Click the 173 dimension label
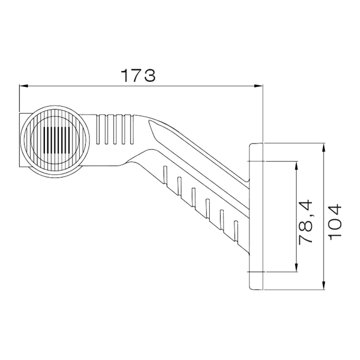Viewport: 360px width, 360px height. pyautogui.click(x=138, y=75)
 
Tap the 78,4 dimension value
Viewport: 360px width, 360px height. pyautogui.click(x=306, y=221)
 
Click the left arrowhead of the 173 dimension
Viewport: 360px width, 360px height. pyautogui.click(x=24, y=86)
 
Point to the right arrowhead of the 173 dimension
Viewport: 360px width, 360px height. pyautogui.click(x=258, y=86)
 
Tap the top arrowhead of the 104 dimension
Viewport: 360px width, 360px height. pyautogui.click(x=324, y=147)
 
